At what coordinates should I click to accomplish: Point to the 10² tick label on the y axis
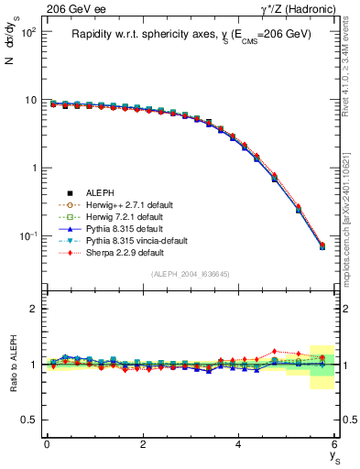27,32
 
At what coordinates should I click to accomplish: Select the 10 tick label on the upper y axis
30,100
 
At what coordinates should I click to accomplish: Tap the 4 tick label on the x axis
239,444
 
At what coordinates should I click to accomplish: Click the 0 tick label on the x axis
47,444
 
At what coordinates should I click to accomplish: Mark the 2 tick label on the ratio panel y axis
34,309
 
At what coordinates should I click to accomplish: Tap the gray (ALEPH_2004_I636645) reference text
191,275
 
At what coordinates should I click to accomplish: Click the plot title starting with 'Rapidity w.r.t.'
191,34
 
